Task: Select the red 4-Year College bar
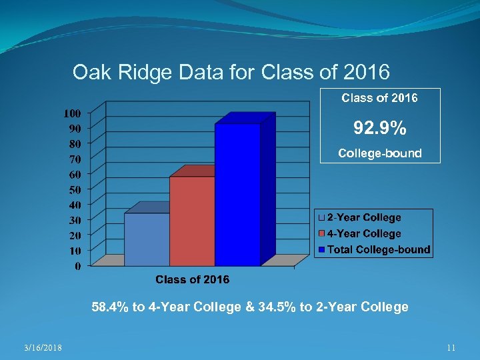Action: pyautogui.click(x=192, y=220)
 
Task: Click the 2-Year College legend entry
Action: pyautogui.click(x=363, y=218)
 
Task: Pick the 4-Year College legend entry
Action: pyautogui.click(x=363, y=234)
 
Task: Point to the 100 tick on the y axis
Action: pyautogui.click(x=73, y=112)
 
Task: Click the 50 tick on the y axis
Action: pyautogui.click(x=75, y=189)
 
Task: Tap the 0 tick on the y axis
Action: pyautogui.click(x=78, y=266)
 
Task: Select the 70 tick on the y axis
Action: pyautogui.click(x=75, y=159)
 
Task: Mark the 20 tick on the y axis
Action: pyautogui.click(x=75, y=235)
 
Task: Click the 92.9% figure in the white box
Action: pyautogui.click(x=380, y=127)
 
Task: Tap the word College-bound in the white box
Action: pyautogui.click(x=380, y=153)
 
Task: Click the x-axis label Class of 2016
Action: pyautogui.click(x=192, y=279)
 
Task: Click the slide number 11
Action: pyautogui.click(x=451, y=347)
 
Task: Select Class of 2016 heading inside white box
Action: pyautogui.click(x=380, y=99)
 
